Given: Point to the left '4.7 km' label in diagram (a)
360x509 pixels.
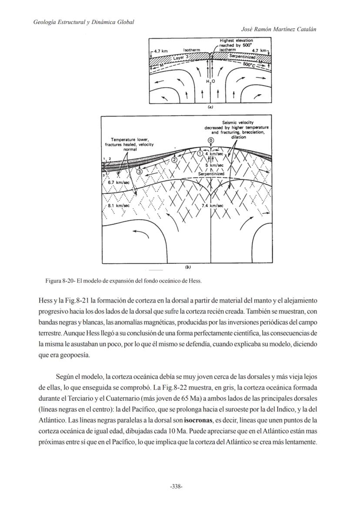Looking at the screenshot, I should point(159,51).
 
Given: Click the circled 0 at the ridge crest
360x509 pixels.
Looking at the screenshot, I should point(211,140).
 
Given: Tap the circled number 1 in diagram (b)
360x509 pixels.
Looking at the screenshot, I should point(200,153).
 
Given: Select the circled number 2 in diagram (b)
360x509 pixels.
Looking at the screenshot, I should point(174,160).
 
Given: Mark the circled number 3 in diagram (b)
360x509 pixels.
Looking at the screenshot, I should point(139,172).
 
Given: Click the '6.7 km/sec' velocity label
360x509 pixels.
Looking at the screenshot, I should point(119,183).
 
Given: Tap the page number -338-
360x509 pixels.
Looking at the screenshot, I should point(176,486).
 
